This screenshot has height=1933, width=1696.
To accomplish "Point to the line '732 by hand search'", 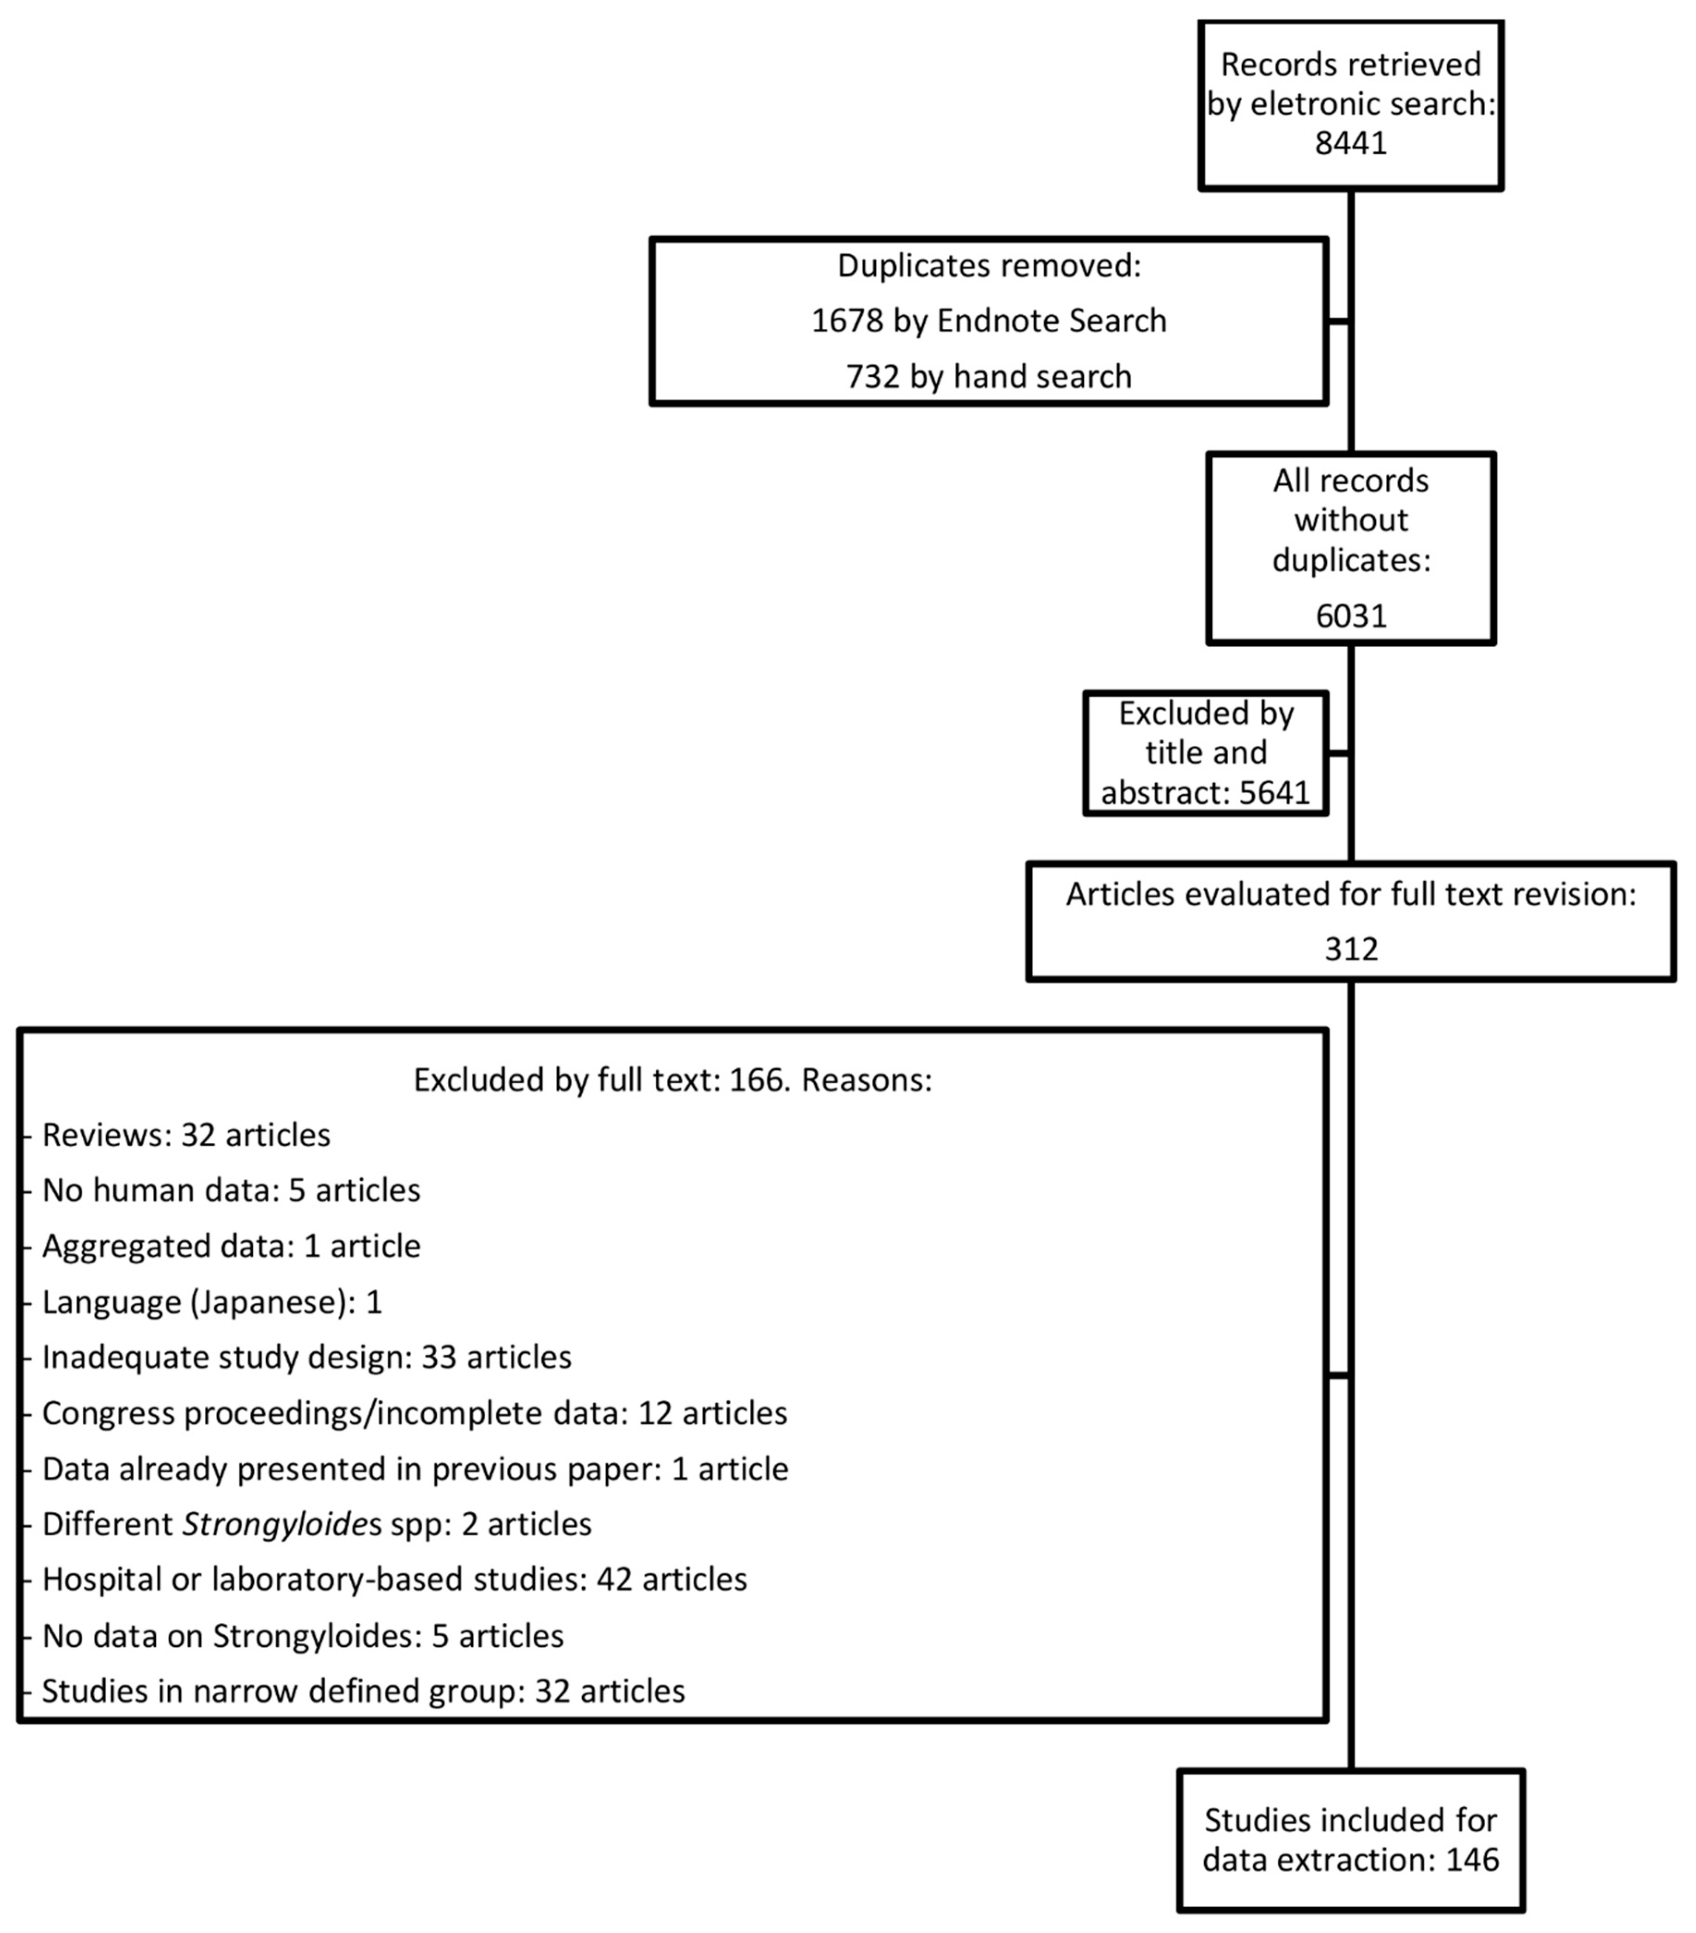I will [988, 376].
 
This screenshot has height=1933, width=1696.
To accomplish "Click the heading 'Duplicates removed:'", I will [988, 266].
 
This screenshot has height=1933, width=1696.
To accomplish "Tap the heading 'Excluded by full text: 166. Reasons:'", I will [672, 1080].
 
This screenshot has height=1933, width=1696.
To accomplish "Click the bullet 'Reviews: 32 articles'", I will [186, 1135].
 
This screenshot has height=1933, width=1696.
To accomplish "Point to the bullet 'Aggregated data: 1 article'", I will [231, 1246].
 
